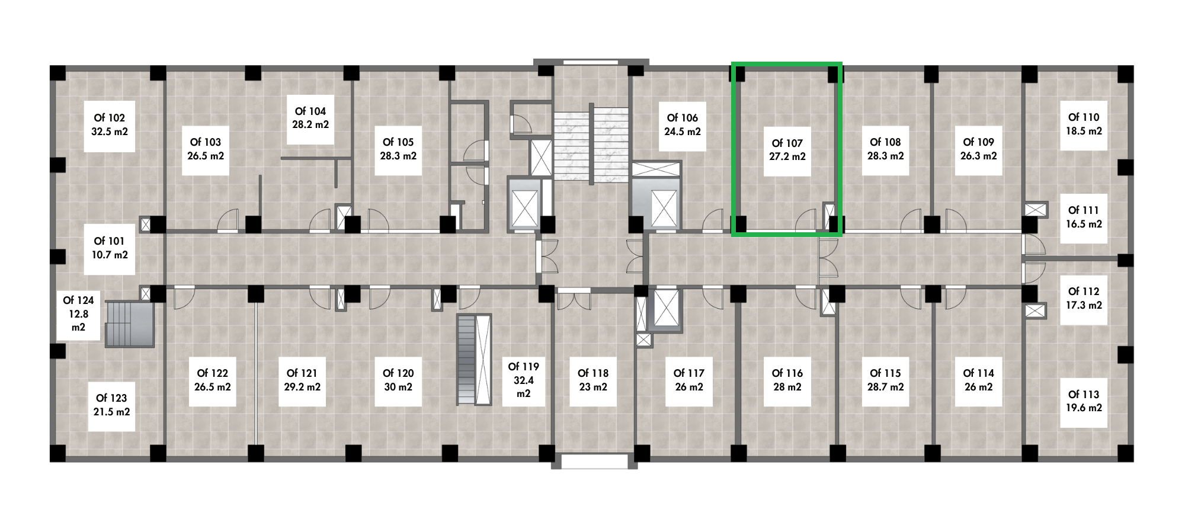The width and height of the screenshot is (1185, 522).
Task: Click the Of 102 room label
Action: (110, 125)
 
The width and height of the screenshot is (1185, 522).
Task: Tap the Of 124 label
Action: (78, 314)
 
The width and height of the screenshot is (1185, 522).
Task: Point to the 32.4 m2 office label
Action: (523, 380)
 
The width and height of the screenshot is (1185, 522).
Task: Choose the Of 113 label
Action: (1083, 401)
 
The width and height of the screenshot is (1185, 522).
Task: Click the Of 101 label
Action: (110, 248)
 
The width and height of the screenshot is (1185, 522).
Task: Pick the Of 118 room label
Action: (593, 380)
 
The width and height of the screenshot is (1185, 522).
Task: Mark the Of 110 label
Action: (1083, 124)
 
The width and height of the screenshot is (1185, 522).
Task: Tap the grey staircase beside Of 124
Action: (130, 324)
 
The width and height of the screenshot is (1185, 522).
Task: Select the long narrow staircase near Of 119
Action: (474, 360)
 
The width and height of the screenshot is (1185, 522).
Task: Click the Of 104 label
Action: (310, 118)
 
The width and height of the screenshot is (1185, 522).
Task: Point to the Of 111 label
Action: (1083, 217)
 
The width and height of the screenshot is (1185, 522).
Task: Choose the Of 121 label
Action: (302, 380)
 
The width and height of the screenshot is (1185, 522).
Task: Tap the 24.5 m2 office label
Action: (682, 125)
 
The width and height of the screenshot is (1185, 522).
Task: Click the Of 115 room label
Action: (885, 380)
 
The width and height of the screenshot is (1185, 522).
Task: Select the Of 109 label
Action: (978, 149)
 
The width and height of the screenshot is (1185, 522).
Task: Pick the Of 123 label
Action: (111, 405)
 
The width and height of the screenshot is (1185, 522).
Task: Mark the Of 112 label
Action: (1083, 298)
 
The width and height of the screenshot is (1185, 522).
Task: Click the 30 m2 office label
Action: (398, 380)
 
